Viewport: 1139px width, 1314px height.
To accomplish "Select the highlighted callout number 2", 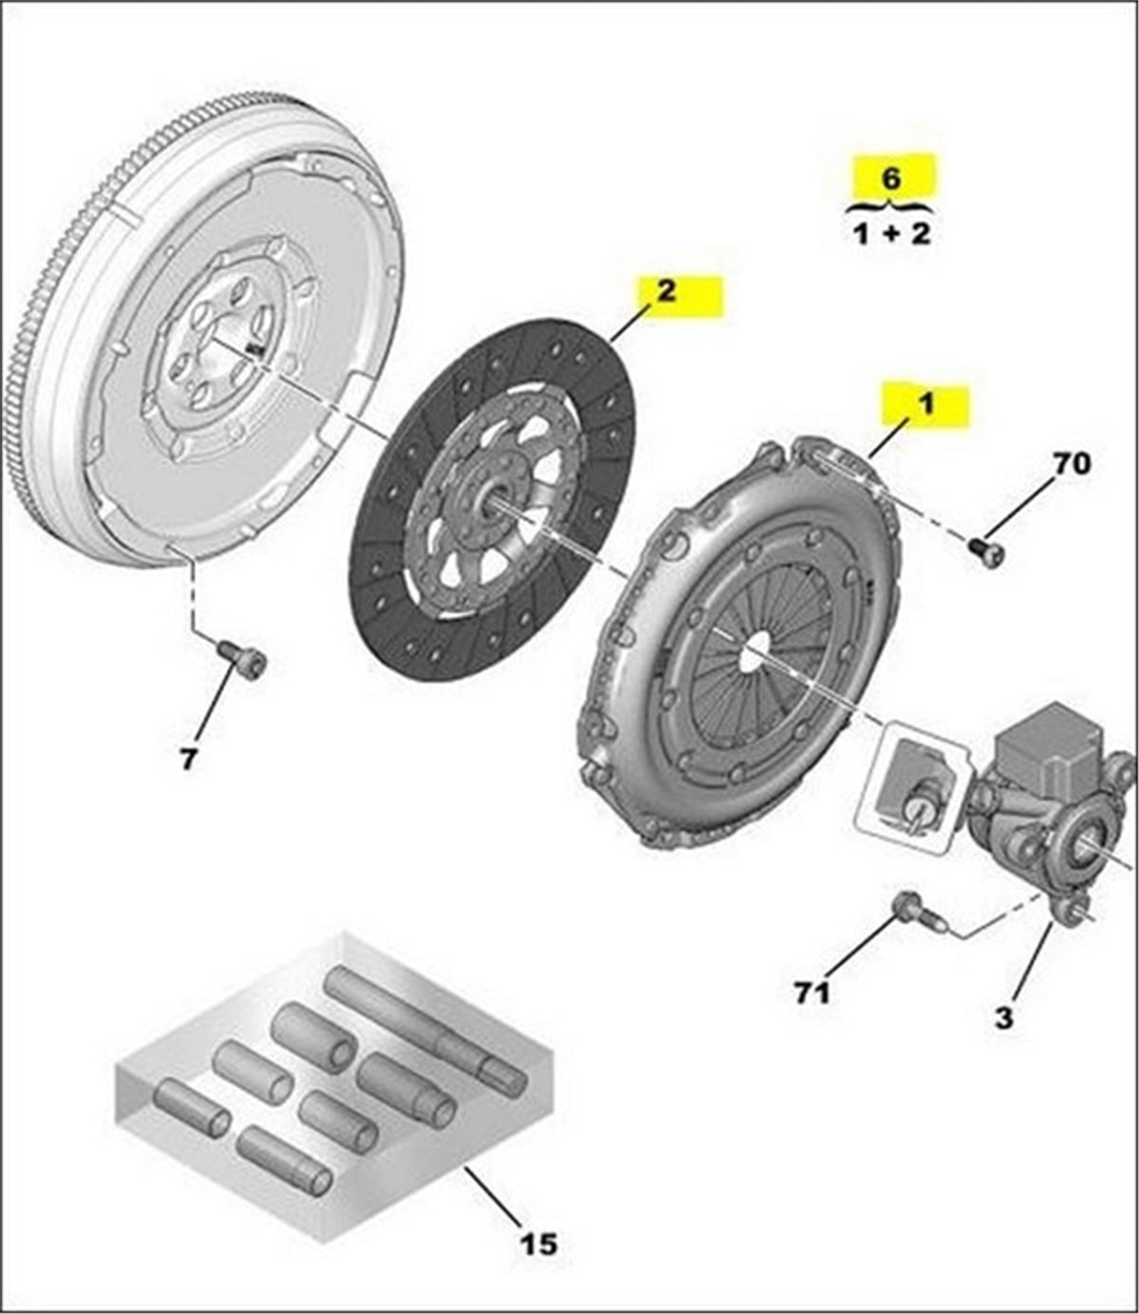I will click(667, 291).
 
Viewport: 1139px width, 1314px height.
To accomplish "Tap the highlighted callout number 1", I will click(924, 404).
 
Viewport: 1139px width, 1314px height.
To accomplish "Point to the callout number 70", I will click(1071, 463).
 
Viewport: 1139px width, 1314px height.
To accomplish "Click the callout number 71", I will click(812, 992).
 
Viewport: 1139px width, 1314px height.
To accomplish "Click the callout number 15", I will click(538, 1243).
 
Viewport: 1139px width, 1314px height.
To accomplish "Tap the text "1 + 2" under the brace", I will click(891, 234).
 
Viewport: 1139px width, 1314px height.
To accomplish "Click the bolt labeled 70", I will click(985, 552).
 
